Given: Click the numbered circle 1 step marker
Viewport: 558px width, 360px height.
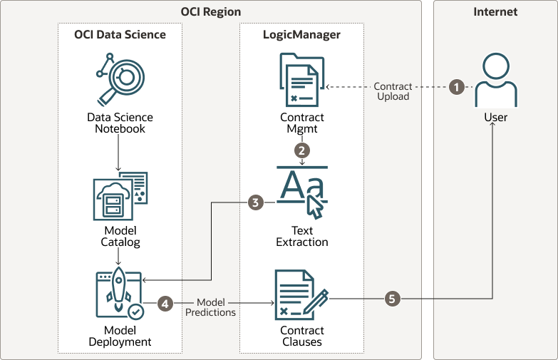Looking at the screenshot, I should point(457,87).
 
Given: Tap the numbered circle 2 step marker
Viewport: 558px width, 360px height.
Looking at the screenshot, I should point(302,150).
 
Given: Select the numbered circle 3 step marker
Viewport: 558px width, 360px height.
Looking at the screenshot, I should point(256,202).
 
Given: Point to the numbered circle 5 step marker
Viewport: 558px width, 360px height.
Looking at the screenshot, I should point(391,299).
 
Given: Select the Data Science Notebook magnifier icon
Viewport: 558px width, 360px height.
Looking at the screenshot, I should point(120,80).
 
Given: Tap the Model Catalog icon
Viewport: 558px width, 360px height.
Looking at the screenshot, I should point(120,196).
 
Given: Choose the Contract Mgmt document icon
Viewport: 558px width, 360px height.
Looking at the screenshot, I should point(301,81).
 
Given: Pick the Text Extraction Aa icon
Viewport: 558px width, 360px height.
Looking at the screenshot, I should point(302,191).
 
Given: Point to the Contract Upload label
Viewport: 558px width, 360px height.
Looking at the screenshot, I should point(393,91).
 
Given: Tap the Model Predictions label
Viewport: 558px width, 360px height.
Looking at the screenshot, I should point(210,307).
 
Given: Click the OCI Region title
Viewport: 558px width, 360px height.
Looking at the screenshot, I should point(210,12).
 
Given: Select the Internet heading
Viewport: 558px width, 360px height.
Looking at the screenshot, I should point(495,12).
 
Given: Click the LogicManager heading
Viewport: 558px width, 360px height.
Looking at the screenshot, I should point(301,34).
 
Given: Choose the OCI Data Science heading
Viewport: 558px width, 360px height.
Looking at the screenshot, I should point(120,34).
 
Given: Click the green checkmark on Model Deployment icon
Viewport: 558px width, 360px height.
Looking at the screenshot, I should point(135,312).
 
